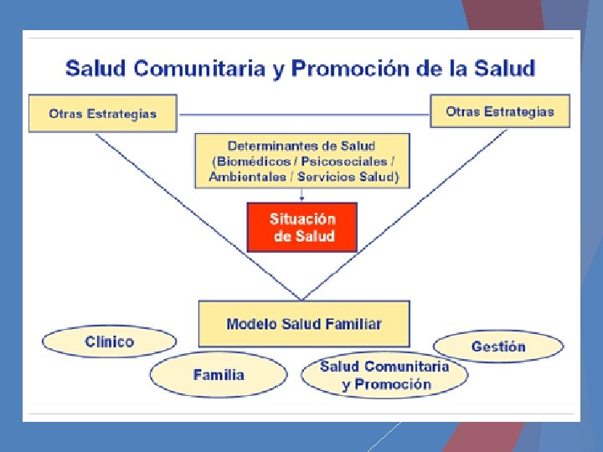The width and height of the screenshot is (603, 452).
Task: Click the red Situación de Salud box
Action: coord(301,227)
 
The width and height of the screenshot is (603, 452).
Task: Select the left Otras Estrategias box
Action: coord(103,114)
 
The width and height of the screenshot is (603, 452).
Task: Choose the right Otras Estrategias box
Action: coord(500,111)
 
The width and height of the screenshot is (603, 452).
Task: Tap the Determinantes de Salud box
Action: coord(303,160)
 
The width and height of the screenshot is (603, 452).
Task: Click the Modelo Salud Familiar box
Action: coord(303,323)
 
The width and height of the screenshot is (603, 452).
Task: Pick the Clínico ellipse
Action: coord(110,342)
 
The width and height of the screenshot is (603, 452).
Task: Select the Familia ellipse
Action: coord(219,374)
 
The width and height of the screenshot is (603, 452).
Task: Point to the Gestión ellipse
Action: coord(498,346)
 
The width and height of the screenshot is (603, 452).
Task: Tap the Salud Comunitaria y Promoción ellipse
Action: coord(385,376)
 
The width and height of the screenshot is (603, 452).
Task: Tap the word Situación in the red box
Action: coord(302,218)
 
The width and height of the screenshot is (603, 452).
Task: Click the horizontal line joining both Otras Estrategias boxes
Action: coord(303,114)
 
